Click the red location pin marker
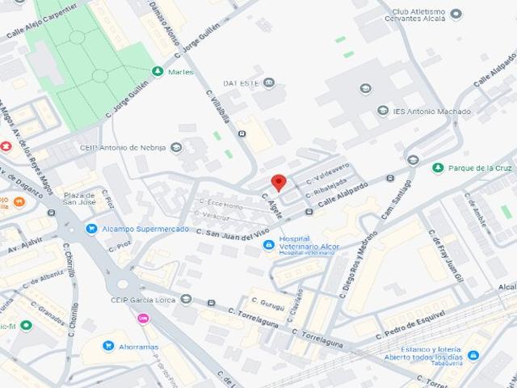pos(278,182)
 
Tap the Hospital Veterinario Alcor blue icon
pos(269,245)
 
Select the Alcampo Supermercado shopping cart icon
pos(91,229)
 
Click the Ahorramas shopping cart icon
pos(107,346)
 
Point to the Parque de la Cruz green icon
pos(437,167)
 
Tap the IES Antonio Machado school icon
pos(383,111)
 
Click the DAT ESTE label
pos(241,82)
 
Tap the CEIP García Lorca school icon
pos(187,299)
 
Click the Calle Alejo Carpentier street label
pos(42,21)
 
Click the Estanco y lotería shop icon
pos(473,355)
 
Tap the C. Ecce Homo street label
pos(221,206)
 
